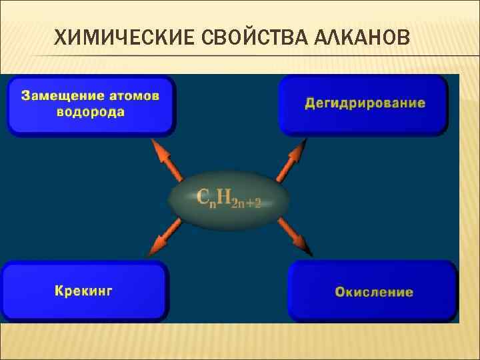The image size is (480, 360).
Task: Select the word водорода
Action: (90, 111)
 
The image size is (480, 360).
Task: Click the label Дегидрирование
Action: (365, 103)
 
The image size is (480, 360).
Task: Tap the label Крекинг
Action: (83, 291)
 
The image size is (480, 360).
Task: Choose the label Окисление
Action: (374, 292)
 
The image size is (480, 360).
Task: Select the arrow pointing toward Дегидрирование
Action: (291, 160)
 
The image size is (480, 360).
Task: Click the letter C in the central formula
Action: (205, 196)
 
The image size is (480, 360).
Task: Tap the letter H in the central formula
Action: (225, 196)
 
